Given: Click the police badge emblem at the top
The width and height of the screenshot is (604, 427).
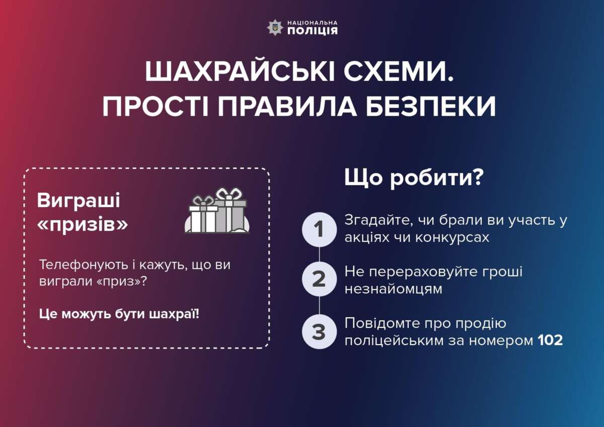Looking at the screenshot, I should click(x=274, y=27).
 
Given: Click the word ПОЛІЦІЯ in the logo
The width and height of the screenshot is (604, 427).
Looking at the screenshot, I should click(x=313, y=31).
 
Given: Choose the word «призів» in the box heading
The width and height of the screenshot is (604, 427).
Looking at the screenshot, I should click(x=83, y=224).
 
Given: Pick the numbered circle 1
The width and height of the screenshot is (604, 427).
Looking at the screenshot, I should click(x=319, y=229).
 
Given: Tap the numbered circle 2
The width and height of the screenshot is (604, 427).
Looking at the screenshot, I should click(x=319, y=279).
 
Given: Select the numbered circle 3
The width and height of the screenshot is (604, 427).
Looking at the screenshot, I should click(x=319, y=331).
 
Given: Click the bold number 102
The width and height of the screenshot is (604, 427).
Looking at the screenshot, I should click(x=550, y=340).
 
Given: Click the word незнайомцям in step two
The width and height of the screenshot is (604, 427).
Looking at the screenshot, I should click(x=393, y=289).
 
